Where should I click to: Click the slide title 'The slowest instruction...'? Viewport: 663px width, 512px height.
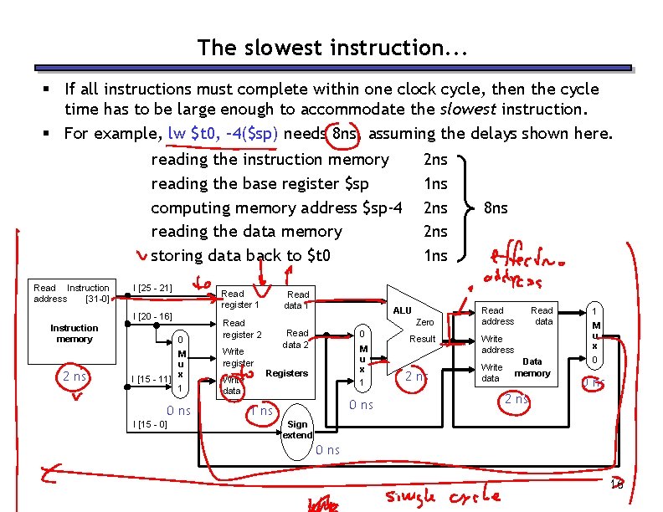pos(331,48)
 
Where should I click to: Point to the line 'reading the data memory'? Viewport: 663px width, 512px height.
pos(246,232)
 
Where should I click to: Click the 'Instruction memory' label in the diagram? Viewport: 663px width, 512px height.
pos(74,334)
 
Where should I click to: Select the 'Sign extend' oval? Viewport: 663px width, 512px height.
pos(297,430)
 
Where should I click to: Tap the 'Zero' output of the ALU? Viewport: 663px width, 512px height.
pos(424,322)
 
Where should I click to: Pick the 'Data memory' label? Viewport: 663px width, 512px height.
pos(532,367)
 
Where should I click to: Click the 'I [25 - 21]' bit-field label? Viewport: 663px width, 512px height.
pos(152,289)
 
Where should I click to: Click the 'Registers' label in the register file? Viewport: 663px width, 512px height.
pos(286,373)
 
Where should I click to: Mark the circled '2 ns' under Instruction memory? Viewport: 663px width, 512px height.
pos(74,376)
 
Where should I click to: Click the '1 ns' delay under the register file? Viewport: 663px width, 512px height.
pos(261,411)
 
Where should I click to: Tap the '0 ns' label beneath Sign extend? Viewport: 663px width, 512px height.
pos(327,450)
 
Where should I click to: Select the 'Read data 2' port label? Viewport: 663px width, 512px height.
pos(296,339)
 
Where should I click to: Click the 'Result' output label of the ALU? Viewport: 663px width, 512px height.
pos(422,339)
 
